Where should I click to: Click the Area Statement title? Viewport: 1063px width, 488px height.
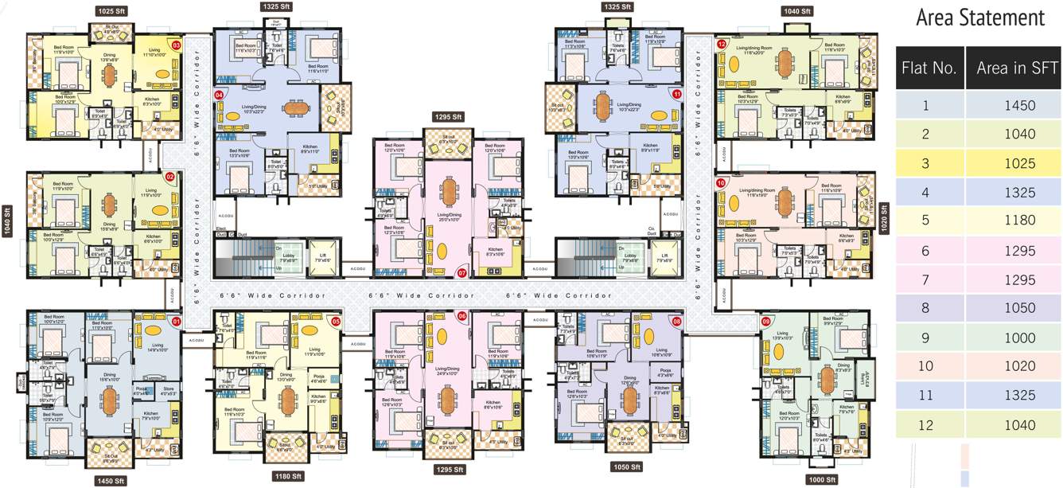(979, 18)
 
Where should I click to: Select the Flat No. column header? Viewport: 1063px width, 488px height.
(929, 68)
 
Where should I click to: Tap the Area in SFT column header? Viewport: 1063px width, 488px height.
(1013, 68)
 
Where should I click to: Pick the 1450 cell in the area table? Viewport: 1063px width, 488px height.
(1013, 105)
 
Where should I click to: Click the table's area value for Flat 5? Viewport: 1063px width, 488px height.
(1013, 221)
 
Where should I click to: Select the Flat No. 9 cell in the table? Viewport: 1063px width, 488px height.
(929, 338)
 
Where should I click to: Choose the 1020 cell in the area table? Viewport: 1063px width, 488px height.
(1013, 366)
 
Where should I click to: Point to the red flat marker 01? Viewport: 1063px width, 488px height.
(177, 322)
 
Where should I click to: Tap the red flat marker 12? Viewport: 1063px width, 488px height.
(722, 45)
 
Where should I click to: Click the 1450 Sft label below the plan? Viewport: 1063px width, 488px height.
(109, 481)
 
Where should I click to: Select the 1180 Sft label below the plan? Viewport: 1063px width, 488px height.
(288, 476)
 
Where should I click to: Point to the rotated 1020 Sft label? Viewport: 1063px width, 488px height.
(883, 217)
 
